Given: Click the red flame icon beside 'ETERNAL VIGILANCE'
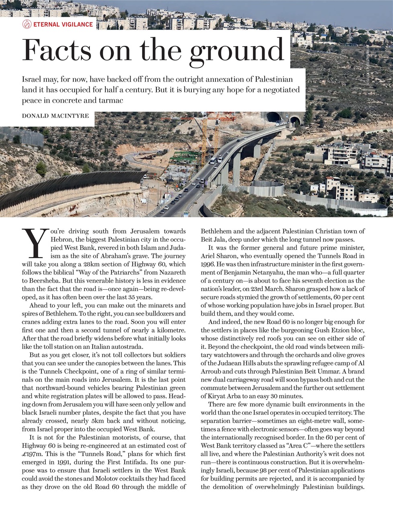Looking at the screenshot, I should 27,24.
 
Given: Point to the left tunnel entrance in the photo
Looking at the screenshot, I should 275,117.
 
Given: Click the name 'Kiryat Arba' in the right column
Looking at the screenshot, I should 218,396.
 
